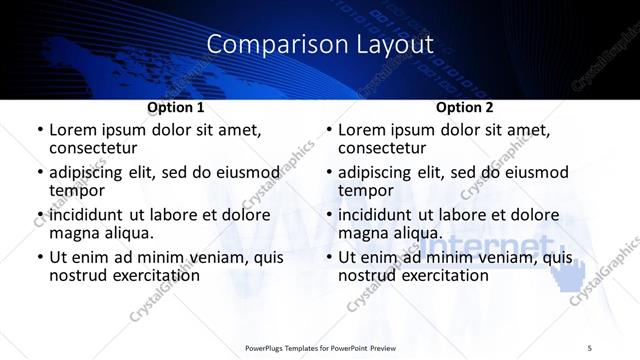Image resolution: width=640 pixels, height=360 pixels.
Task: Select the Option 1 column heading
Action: coord(176,106)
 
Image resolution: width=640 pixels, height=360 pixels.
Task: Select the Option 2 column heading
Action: coord(465,106)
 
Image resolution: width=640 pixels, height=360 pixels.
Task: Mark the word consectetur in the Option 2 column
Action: coord(390,148)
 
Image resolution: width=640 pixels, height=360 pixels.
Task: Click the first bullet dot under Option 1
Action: coord(39,131)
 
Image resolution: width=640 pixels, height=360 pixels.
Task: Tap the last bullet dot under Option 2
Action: coord(328,258)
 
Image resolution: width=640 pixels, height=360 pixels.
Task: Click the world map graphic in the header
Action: coord(150,60)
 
